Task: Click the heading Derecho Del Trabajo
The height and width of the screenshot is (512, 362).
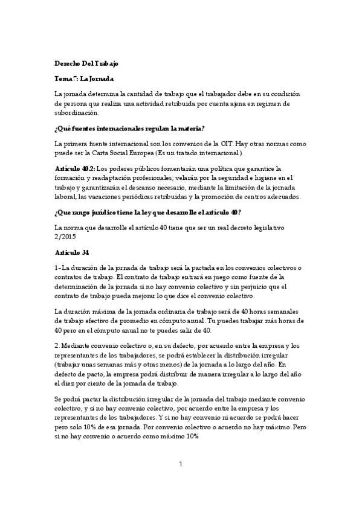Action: coord(86,63)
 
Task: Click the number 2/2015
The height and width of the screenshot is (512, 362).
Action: coord(66,236)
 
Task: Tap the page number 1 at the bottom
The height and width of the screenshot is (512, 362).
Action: coord(181,464)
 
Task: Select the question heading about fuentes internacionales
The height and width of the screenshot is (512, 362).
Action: coord(129,128)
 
